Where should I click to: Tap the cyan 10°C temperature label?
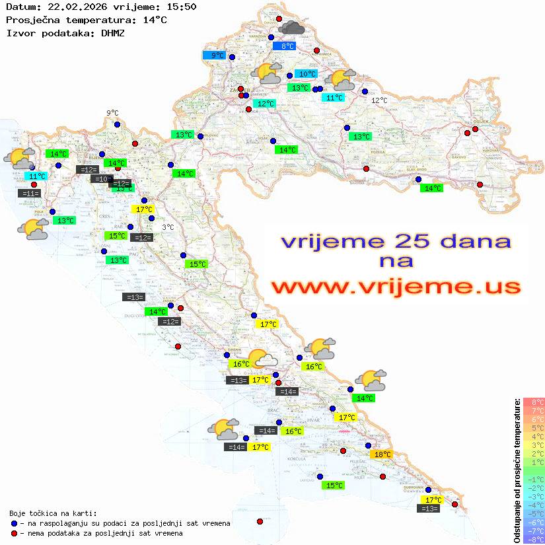coord(305,74)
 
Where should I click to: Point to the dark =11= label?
coord(29,194)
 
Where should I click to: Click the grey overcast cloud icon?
coord(291,28)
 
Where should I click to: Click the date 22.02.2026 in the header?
coord(74,7)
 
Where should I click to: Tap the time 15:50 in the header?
coord(181,7)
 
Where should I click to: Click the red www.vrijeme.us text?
coord(396,287)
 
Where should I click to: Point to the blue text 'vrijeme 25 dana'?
coord(396,241)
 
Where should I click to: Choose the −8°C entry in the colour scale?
coord(533,539)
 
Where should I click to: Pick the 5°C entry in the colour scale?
coord(533,427)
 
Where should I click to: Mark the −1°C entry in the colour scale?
coord(533,479)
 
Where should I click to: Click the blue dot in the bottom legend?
coord(14,523)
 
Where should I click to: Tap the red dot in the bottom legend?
coord(14,533)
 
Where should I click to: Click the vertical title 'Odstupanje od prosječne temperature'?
coord(517,471)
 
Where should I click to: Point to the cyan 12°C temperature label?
coord(266,104)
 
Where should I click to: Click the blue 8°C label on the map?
coord(287,46)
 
